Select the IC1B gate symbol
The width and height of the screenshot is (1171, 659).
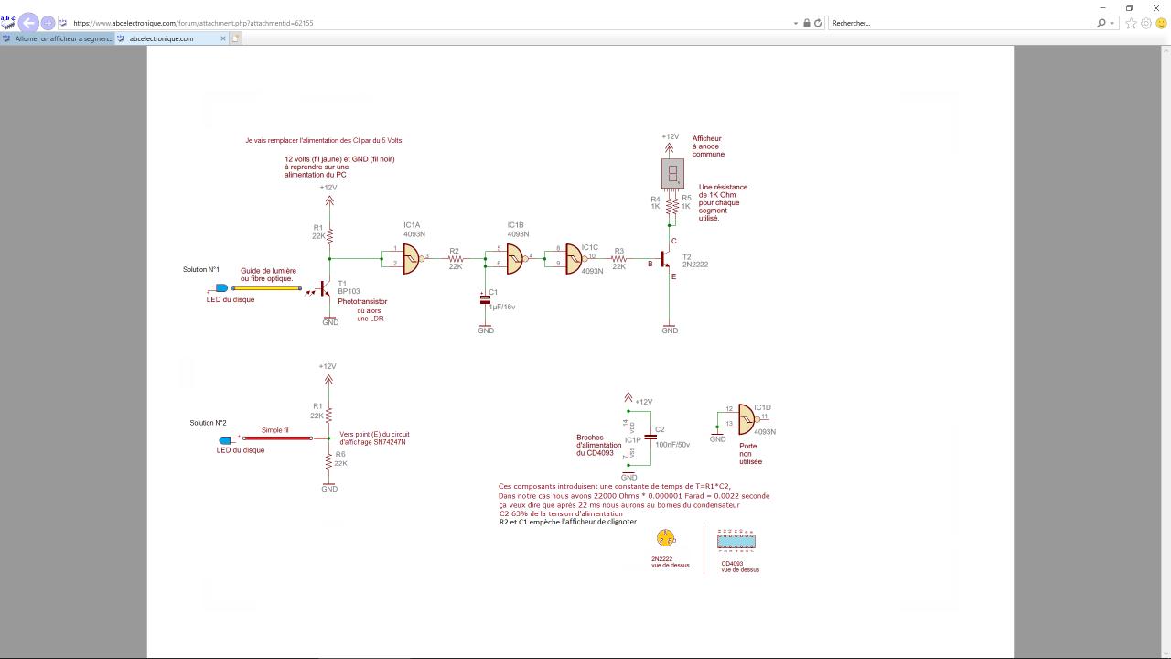point(515,257)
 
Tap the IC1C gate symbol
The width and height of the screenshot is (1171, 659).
point(574,257)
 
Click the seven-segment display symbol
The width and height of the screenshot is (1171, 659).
point(672,173)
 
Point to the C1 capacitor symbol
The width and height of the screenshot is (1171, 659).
point(485,300)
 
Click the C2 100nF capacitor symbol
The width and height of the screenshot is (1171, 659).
point(650,437)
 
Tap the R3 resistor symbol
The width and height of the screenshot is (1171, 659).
point(619,258)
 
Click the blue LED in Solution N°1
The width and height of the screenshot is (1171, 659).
point(221,288)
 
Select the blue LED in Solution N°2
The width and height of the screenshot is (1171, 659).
point(224,440)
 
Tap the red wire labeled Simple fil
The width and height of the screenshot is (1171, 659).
point(276,438)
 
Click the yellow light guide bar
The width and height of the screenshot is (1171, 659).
point(268,288)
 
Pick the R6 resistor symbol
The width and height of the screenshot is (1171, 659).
point(328,462)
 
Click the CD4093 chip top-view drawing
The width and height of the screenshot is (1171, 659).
point(736,542)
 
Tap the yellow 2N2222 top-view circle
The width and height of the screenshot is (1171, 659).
point(665,538)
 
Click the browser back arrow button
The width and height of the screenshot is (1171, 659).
point(28,23)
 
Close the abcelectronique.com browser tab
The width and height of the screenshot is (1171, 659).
point(223,38)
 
